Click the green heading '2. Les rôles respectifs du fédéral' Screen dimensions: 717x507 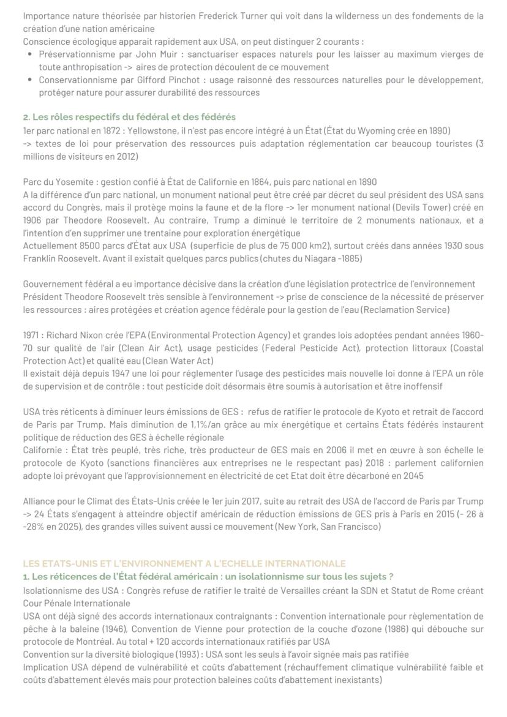129,117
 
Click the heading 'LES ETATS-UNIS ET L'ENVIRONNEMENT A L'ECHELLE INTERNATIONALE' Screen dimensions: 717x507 184,563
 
